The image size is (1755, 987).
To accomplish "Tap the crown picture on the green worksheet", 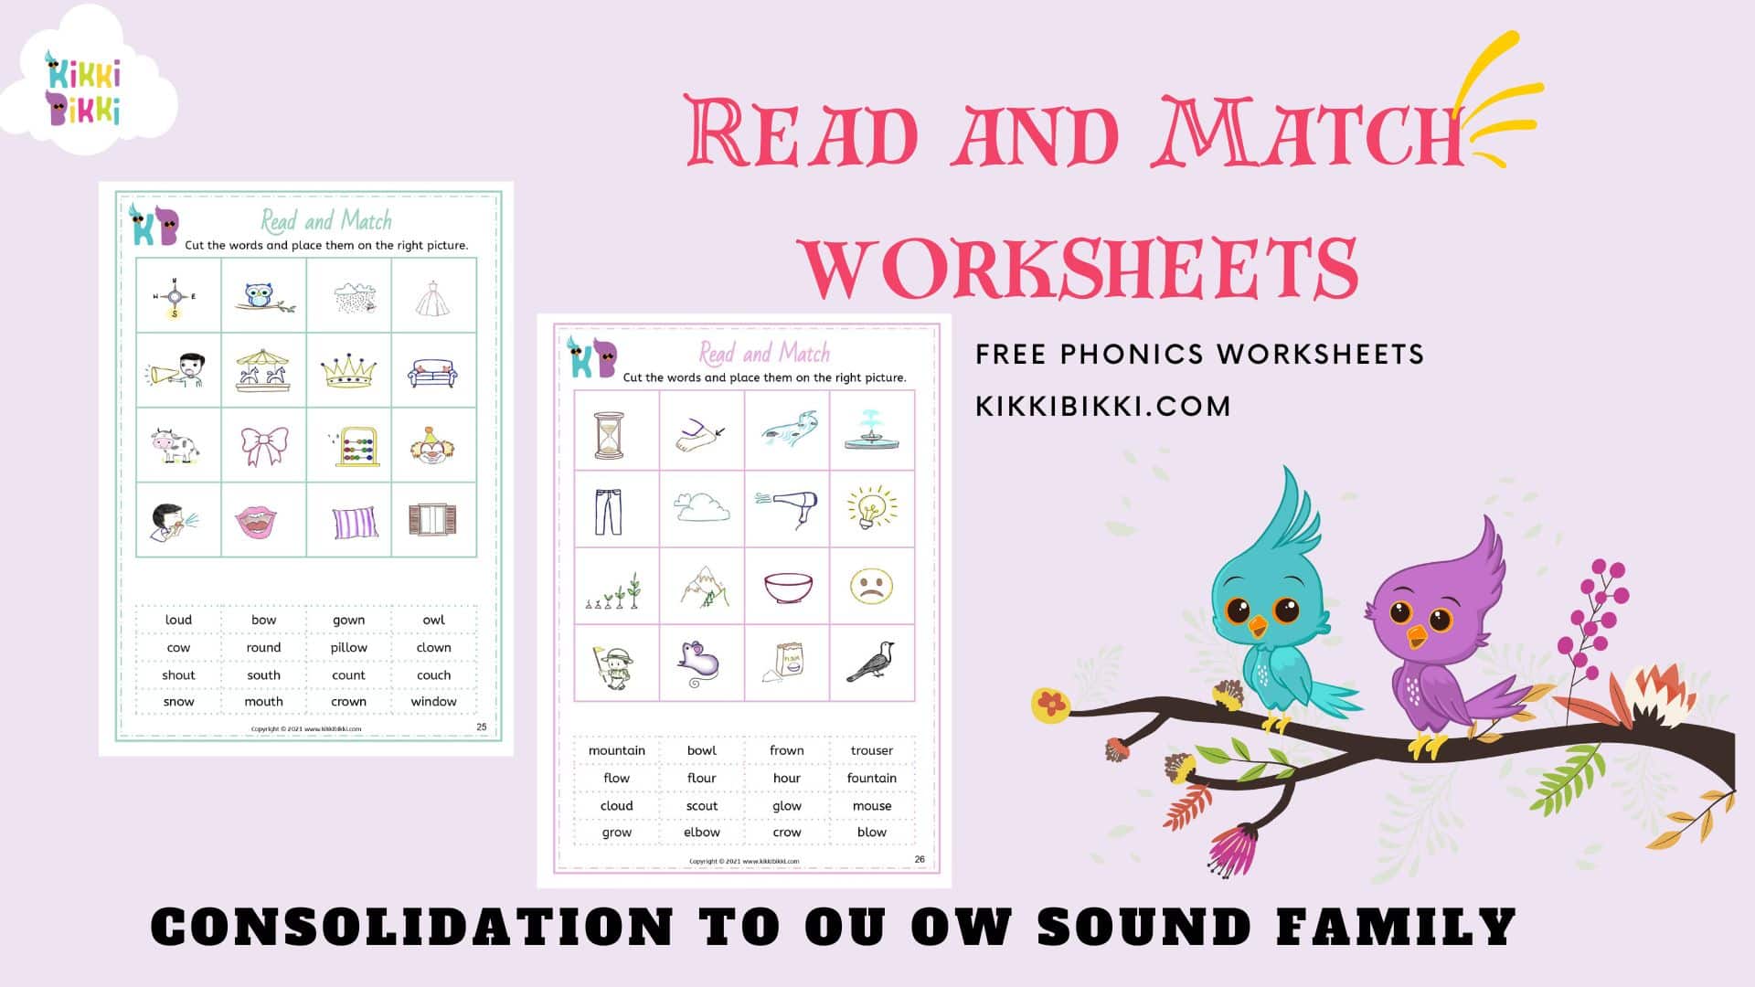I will pos(348,370).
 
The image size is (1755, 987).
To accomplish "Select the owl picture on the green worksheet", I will pos(263,296).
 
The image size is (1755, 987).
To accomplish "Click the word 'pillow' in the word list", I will pos(348,647).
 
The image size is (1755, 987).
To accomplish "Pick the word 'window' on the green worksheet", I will pos(433,702).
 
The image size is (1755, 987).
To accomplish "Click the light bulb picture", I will pos(871,508).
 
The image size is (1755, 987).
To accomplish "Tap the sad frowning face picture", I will pos(871,586).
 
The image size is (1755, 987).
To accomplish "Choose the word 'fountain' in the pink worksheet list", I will pos(871,778).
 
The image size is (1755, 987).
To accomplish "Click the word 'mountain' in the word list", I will pos(616,750).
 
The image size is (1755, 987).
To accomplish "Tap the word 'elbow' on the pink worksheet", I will pos(701,833).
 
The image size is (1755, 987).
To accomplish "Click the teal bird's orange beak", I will pos(1259,626).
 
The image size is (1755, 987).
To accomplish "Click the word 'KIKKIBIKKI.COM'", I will pos(1103,406).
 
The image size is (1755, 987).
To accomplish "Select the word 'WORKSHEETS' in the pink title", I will pos(1080,267).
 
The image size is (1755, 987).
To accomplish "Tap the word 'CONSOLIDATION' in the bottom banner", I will pos(411,927).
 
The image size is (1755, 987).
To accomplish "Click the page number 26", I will pos(920,859).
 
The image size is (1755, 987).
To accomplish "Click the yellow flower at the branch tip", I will pos(1051,704).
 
